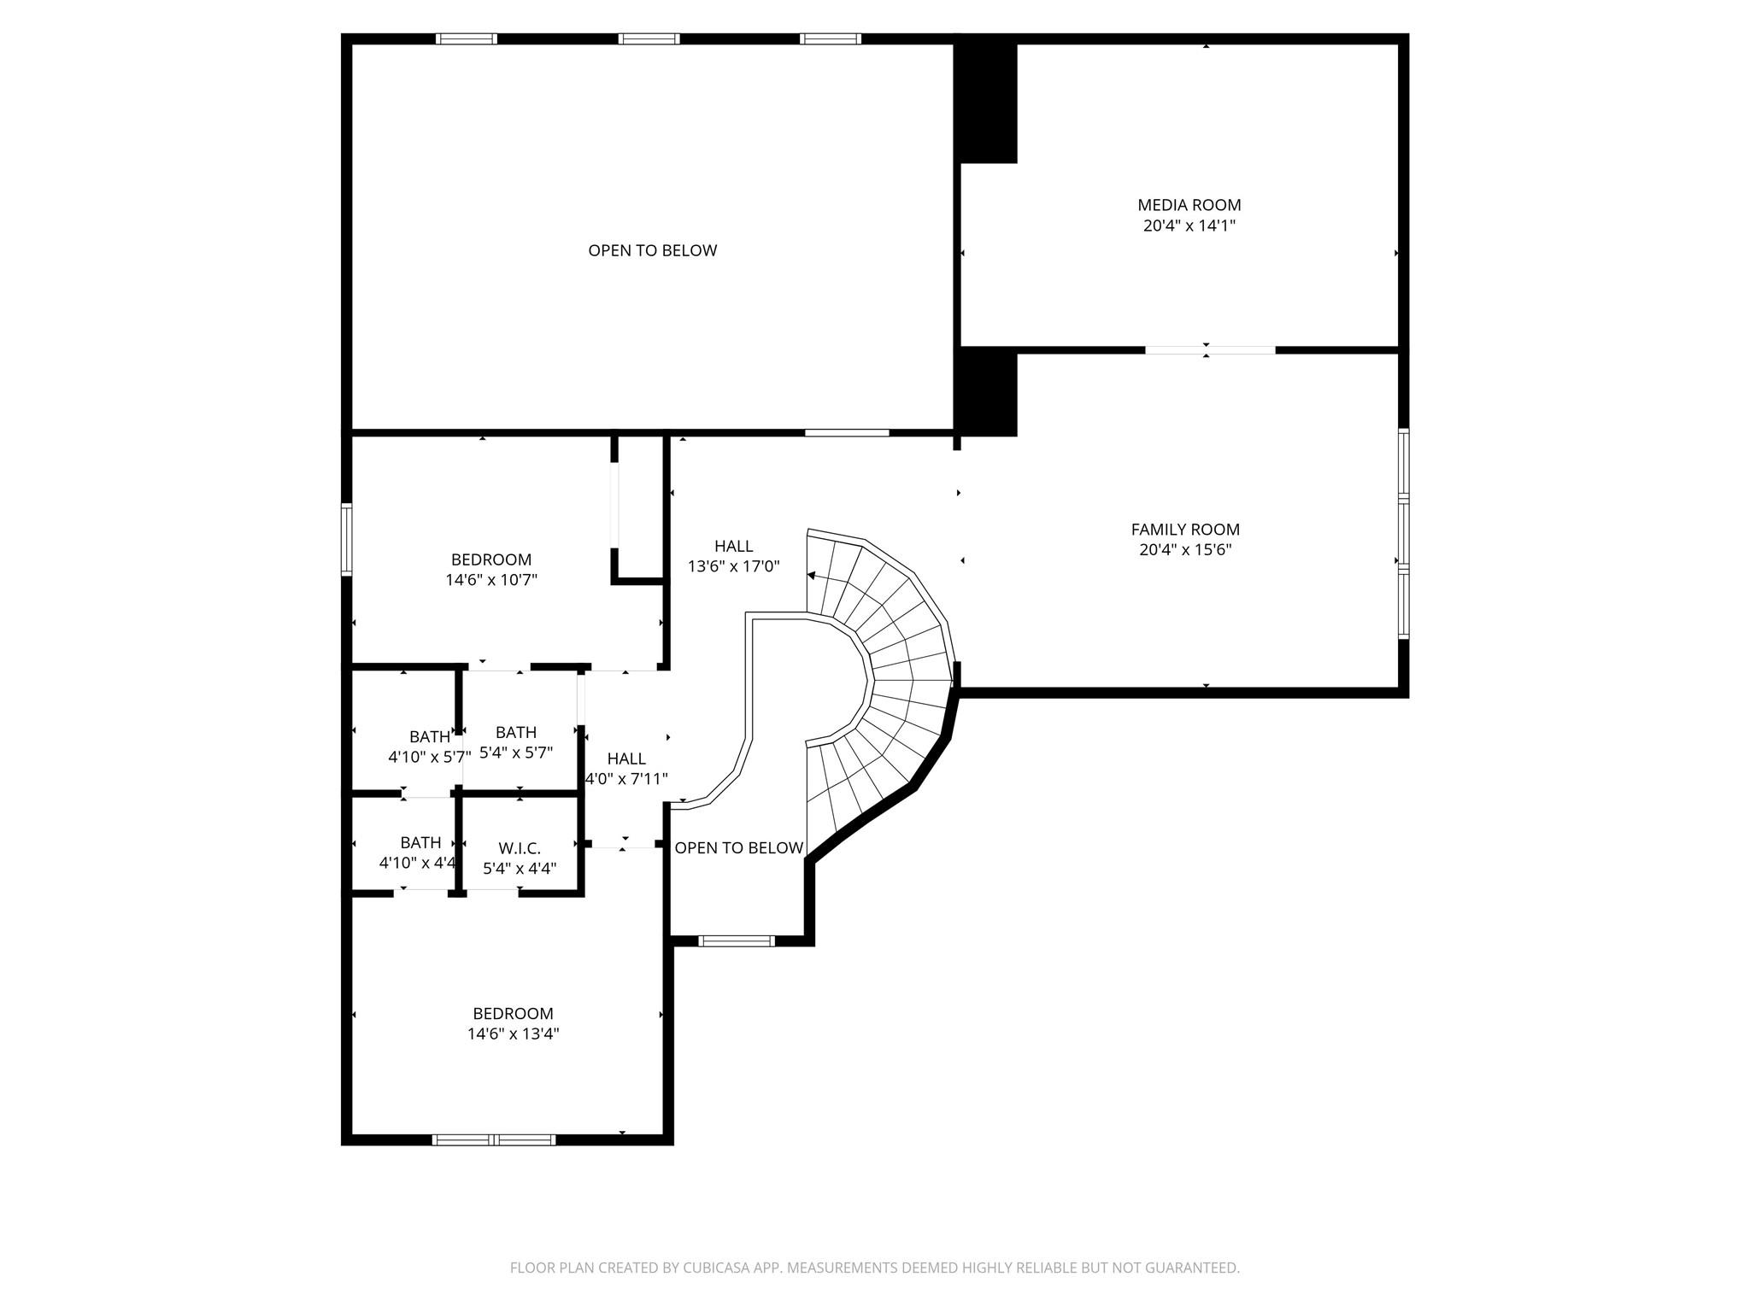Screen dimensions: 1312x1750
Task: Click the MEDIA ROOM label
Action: tap(1189, 205)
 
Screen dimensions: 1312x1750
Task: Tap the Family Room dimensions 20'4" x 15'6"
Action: tap(1185, 550)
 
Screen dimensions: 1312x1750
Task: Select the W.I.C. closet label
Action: tap(520, 848)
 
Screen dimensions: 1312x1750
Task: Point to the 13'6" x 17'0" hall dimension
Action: tap(733, 566)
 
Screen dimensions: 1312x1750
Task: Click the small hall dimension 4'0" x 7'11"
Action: tap(626, 779)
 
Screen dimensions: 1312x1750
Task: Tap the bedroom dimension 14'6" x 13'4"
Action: tap(513, 1034)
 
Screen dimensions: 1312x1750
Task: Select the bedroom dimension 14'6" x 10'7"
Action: tap(491, 580)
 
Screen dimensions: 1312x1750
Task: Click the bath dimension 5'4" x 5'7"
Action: tap(516, 753)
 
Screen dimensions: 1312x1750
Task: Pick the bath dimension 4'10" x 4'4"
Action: tap(418, 863)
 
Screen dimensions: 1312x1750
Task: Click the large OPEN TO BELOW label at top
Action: tap(652, 250)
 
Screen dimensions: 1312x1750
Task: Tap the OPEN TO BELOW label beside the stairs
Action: tap(738, 847)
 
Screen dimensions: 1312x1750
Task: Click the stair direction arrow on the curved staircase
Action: tap(812, 576)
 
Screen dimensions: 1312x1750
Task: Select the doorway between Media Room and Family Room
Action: tap(1209, 349)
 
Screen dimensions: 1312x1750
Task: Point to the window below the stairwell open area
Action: tap(736, 940)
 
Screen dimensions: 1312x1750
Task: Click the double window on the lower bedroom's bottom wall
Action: tap(494, 1139)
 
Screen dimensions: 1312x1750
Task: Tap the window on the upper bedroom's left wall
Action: tap(346, 539)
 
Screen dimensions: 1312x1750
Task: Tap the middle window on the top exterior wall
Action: tap(649, 38)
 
